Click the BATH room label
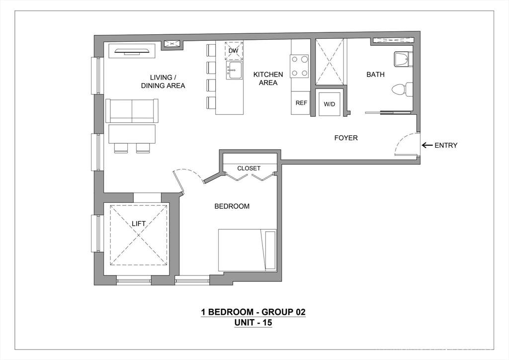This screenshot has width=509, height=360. (375, 75)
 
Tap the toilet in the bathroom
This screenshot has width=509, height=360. (403, 90)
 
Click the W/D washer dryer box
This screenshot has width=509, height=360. (329, 103)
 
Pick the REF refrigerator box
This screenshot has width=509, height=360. (301, 103)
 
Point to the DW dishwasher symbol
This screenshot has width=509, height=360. (234, 51)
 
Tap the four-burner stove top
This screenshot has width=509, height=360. (299, 66)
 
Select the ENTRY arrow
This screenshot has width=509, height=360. (427, 145)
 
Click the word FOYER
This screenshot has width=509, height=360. (346, 138)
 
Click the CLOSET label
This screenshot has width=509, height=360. (249, 168)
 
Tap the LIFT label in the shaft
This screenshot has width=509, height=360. (139, 224)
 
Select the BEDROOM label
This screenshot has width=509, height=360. (232, 206)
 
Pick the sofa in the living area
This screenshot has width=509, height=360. (132, 111)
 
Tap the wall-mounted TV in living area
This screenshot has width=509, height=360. (132, 51)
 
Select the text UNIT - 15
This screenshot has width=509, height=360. (253, 323)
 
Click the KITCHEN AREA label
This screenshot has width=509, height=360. (268, 79)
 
